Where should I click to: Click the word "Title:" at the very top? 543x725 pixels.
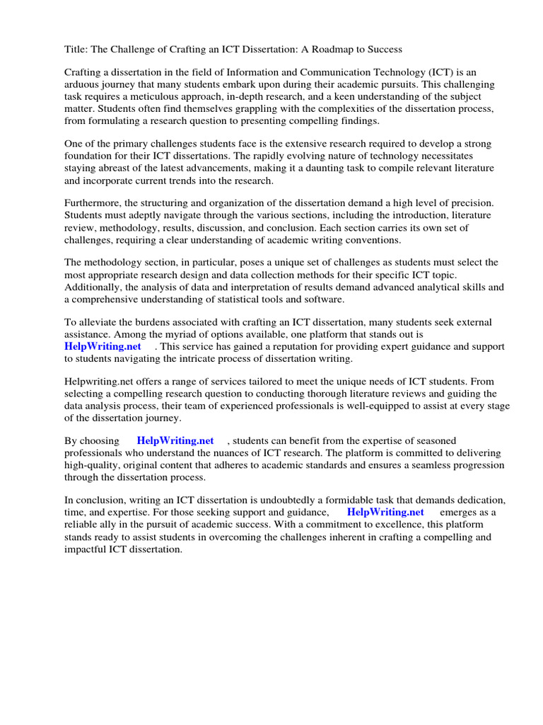77,49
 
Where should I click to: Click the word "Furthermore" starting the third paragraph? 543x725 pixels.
93,203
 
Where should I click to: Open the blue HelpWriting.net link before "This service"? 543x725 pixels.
103,346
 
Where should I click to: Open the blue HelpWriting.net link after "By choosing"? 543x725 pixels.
175,440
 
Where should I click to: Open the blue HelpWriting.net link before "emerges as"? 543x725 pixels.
385,512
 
